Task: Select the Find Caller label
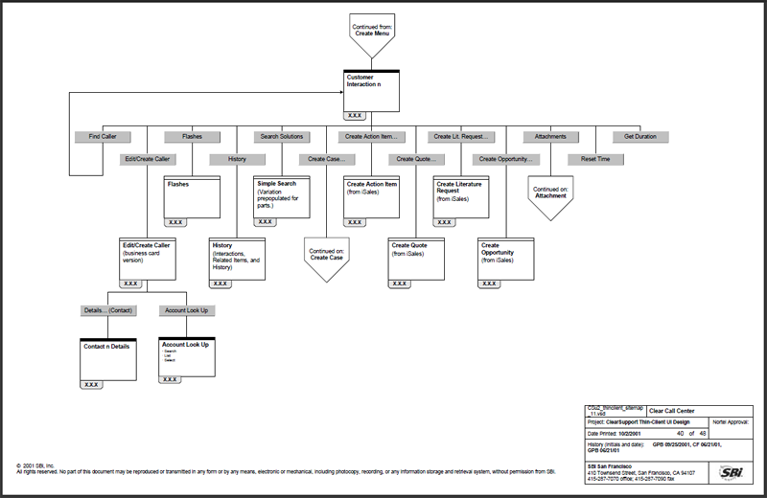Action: tap(103, 137)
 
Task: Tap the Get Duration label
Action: tap(639, 137)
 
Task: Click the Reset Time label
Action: tap(595, 159)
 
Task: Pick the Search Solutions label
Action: tap(282, 137)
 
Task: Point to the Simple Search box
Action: tap(281, 196)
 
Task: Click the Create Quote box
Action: tap(416, 258)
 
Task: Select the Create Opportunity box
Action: tap(506, 258)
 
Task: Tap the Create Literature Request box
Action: tap(461, 196)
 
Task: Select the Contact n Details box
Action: tap(106, 357)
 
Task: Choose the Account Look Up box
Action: tap(185, 355)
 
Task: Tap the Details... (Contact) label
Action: tap(106, 310)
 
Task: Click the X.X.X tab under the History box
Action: tap(221, 283)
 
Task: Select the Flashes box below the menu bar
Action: tap(192, 196)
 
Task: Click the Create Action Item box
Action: tap(371, 196)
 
